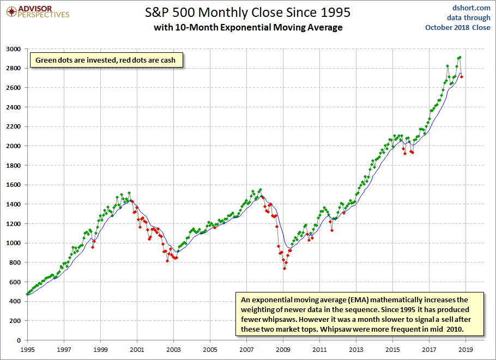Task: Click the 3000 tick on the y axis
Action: tap(13, 49)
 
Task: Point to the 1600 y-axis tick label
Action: tap(13, 185)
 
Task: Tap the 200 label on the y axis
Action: tap(15, 321)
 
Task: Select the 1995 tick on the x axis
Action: tap(27, 350)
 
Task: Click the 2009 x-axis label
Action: tap(283, 350)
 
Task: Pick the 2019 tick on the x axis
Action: tap(465, 350)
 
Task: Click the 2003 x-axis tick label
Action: tap(174, 350)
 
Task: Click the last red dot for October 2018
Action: tap(462, 77)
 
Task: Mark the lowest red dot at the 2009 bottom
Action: tap(285, 269)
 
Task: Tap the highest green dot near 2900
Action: tap(460, 58)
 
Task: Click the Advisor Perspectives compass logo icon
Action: tap(11, 12)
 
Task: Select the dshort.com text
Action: tap(471, 8)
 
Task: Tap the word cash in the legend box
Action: tap(168, 60)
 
